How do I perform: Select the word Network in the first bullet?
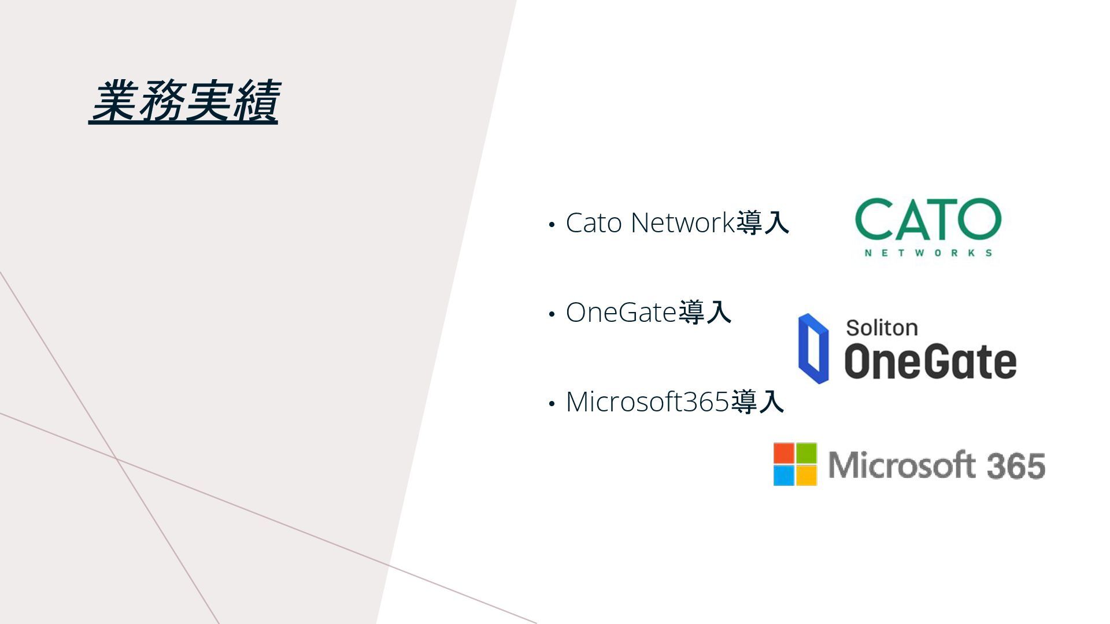click(682, 223)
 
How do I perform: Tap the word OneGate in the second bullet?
click(621, 313)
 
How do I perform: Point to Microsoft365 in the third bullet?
click(647, 402)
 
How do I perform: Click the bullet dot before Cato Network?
click(552, 224)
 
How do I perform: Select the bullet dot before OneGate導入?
click(552, 314)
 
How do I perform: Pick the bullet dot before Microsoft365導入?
click(552, 403)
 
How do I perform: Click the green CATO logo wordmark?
click(927, 219)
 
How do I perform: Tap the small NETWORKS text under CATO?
click(928, 252)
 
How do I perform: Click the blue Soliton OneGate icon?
click(813, 348)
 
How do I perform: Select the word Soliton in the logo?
click(882, 328)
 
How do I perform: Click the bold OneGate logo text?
click(930, 362)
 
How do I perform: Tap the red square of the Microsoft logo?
click(784, 453)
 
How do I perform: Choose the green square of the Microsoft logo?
click(806, 453)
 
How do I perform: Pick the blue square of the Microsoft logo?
click(784, 476)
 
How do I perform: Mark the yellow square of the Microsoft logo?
click(806, 476)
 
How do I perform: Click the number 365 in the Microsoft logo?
click(1016, 466)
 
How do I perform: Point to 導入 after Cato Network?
click(763, 223)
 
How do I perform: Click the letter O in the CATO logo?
click(979, 219)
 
